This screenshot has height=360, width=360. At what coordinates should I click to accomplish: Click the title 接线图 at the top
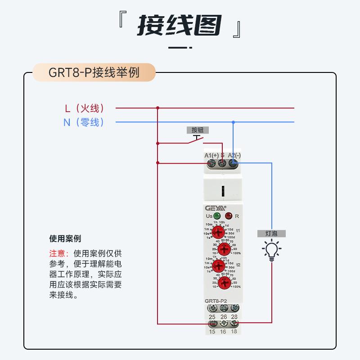coord(180,26)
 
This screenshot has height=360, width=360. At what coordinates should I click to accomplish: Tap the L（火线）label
coord(85,108)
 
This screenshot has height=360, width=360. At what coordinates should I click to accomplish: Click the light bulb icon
coord(272,250)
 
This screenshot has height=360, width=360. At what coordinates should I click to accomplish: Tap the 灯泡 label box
coord(272,234)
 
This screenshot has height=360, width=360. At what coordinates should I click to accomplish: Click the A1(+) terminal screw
coord(211,164)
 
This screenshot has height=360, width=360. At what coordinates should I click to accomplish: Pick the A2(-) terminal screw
coord(233,164)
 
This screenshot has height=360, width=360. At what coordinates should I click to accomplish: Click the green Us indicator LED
coord(217,216)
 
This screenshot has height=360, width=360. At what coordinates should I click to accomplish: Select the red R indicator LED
coord(229,216)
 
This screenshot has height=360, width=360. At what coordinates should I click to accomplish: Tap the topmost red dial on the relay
coord(218,233)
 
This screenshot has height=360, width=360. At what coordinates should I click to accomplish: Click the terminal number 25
coord(211,317)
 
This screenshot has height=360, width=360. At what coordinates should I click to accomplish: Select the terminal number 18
coord(234,332)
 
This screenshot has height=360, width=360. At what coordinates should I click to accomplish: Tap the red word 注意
coord(57,253)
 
